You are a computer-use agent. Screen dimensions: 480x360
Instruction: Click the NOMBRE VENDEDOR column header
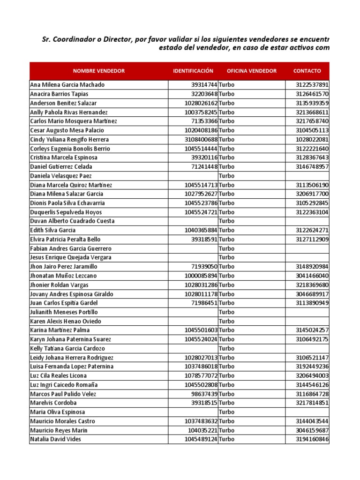tap(98, 71)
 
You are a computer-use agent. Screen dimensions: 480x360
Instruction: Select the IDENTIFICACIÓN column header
tap(193, 71)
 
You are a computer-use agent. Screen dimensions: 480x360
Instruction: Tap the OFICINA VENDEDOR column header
tap(252, 71)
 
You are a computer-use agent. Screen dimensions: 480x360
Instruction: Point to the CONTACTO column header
tap(307, 71)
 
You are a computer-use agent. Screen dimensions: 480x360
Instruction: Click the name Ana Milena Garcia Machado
tap(67, 85)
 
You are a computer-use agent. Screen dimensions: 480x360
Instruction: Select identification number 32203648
tap(204, 94)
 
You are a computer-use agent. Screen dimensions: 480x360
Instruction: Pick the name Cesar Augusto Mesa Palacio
tap(67, 130)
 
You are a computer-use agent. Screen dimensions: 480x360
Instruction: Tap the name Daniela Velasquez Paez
tap(61, 176)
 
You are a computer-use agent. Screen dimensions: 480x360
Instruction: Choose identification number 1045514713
tap(201, 185)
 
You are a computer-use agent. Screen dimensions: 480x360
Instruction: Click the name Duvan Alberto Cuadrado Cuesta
tap(72, 221)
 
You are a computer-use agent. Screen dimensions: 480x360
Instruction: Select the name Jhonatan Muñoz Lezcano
tap(63, 276)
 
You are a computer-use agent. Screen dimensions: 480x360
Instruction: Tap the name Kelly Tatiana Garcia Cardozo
tap(67, 348)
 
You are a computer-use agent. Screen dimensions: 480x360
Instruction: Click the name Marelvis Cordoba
tap(53, 403)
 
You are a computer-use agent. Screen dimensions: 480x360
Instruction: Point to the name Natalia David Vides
tap(55, 439)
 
